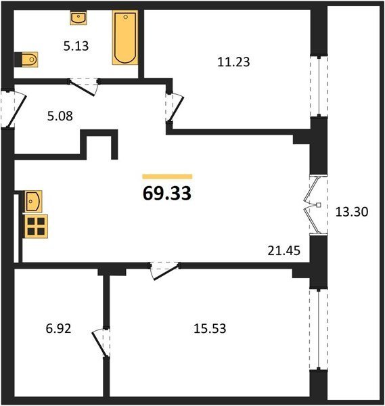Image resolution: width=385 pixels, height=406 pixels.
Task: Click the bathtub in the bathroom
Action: pyautogui.click(x=125, y=37)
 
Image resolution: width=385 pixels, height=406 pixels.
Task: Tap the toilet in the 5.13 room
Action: pyautogui.click(x=26, y=60)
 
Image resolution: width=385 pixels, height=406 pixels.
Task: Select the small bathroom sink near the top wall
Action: pyautogui.click(x=78, y=18)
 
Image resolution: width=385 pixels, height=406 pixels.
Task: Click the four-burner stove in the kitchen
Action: pyautogui.click(x=36, y=226)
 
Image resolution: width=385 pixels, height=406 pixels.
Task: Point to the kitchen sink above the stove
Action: pyautogui.click(x=33, y=201)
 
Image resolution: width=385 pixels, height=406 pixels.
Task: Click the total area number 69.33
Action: pyautogui.click(x=167, y=193)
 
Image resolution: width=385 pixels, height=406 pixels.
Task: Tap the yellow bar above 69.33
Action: pyautogui.click(x=167, y=177)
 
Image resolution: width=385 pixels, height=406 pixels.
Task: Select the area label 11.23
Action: pyautogui.click(x=233, y=62)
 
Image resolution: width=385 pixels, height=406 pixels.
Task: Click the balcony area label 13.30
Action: pyautogui.click(x=352, y=212)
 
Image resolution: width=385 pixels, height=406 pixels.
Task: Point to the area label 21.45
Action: pyautogui.click(x=284, y=250)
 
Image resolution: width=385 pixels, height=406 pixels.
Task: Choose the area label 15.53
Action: pyautogui.click(x=210, y=328)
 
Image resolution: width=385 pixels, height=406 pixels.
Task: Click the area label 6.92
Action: pyautogui.click(x=58, y=329)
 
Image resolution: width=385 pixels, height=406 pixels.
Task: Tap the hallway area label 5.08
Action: pyautogui.click(x=60, y=116)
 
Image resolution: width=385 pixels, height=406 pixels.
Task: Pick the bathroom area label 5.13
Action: pyautogui.click(x=76, y=46)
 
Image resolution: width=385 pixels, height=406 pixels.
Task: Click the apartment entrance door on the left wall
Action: pyautogui.click(x=14, y=109)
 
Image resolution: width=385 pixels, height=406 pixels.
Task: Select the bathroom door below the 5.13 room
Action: pyautogui.click(x=83, y=87)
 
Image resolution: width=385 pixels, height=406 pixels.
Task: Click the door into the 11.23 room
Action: pyautogui.click(x=174, y=108)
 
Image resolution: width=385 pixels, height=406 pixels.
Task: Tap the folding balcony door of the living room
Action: pyautogui.click(x=315, y=205)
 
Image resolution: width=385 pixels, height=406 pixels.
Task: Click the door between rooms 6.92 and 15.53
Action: pyautogui.click(x=101, y=342)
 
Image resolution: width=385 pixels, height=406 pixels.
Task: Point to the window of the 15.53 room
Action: pyautogui.click(x=319, y=330)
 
